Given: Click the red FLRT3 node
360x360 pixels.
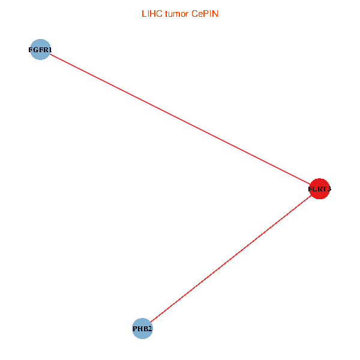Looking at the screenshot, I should click(x=319, y=189).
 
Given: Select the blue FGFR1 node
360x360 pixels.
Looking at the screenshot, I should click(x=40, y=50).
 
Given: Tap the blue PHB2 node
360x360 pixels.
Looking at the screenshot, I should click(x=142, y=328).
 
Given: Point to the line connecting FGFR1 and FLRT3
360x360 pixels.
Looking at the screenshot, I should click(x=180, y=119).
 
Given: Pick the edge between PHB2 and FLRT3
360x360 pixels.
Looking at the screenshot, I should click(x=231, y=259).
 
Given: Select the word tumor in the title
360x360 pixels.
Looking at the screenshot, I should click(x=177, y=14).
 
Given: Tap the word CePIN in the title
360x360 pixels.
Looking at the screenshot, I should click(x=205, y=14).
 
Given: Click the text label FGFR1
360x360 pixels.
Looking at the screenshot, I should click(x=40, y=50).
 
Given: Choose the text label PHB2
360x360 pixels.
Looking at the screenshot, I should click(x=142, y=329).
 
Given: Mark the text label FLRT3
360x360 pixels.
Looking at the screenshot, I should click(x=319, y=190).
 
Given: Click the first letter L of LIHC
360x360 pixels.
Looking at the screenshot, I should click(x=143, y=14).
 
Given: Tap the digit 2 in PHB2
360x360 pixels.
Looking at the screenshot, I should click(x=150, y=329).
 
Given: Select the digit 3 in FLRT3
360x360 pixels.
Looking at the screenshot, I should click(x=329, y=190).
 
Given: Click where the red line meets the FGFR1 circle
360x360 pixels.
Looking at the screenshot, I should click(x=49, y=55).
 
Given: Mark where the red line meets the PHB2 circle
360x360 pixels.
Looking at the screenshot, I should click(x=150, y=322).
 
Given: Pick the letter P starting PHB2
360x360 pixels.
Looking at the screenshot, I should click(x=135, y=329).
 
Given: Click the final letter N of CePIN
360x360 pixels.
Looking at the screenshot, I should click(x=215, y=14).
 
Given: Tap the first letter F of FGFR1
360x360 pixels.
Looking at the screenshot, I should click(x=31, y=50).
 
